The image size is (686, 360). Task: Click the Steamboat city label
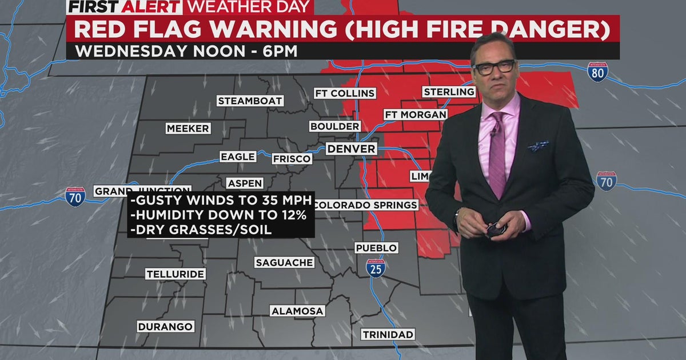coord(250,101)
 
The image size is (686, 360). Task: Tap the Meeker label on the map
coord(188,129)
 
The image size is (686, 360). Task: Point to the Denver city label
coord(352,149)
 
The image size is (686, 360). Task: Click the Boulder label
coord(335,126)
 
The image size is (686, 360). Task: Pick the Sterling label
coord(449,92)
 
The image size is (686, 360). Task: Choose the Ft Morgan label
coord(416,114)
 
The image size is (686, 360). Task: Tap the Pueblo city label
coord(376,248)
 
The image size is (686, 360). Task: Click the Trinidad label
coord(388,334)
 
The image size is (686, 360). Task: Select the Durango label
coord(166,327)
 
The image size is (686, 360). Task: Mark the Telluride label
coord(175,274)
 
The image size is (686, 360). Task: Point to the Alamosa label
coord(297,311)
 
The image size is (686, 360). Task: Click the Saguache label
coord(284,263)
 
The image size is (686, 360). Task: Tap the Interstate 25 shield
coord(376,268)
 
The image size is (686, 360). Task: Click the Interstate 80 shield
coord(597,72)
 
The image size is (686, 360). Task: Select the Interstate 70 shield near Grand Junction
coord(75,197)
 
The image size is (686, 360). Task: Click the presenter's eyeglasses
coord(493,67)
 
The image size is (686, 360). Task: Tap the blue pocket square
coord(539,146)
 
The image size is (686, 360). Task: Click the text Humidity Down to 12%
coord(220,215)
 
